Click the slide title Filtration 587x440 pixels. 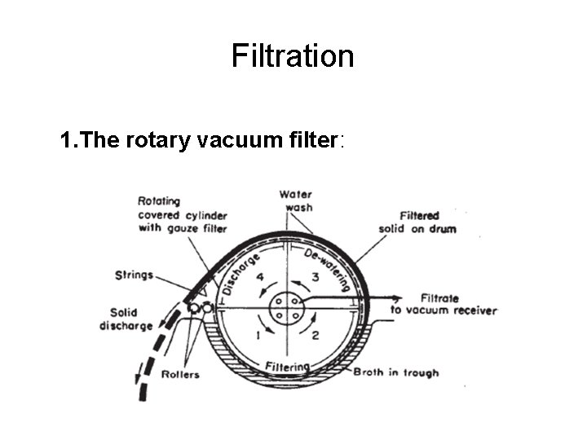coord(293,56)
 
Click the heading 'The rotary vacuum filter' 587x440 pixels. coord(202,141)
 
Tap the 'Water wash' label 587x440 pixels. coord(295,200)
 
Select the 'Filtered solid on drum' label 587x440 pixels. coord(418,222)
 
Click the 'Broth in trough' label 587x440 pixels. coord(395,372)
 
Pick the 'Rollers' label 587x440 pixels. coord(180,374)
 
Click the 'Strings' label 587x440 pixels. coord(135,275)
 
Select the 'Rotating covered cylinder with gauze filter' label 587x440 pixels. coord(181,214)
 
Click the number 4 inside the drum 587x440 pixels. coord(260,278)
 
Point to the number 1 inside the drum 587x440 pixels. coord(259,335)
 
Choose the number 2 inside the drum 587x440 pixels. coord(316,335)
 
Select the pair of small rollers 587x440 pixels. coord(199,309)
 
